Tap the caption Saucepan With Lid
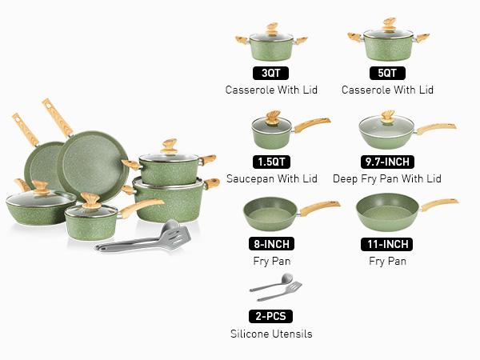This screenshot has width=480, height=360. point(271,178)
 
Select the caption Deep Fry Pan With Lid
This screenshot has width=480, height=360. point(387,178)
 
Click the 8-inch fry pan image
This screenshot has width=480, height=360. point(270,212)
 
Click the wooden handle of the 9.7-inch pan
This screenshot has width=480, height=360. point(434,128)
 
